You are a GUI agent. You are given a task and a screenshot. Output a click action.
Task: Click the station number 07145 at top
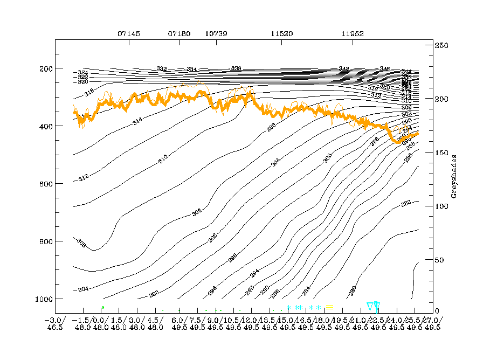click(x=129, y=33)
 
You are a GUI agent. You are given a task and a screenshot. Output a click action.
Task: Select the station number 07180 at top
click(x=179, y=33)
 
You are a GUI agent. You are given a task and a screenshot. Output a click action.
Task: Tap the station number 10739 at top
click(x=216, y=33)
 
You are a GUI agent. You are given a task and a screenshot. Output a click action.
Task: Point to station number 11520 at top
click(x=281, y=33)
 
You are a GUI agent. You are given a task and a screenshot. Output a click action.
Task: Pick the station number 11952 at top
click(x=353, y=33)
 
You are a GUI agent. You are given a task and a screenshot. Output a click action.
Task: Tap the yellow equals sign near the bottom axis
click(x=329, y=307)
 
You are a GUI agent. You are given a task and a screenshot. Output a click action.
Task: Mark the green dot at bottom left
click(x=102, y=307)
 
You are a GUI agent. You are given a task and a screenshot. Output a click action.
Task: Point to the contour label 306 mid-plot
click(x=197, y=213)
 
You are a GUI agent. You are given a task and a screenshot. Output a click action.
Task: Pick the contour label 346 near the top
click(x=384, y=69)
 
